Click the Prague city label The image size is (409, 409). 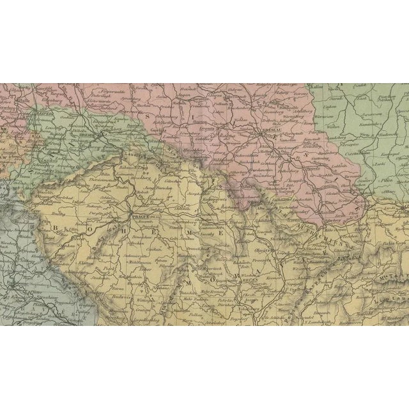[x=143, y=217]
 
